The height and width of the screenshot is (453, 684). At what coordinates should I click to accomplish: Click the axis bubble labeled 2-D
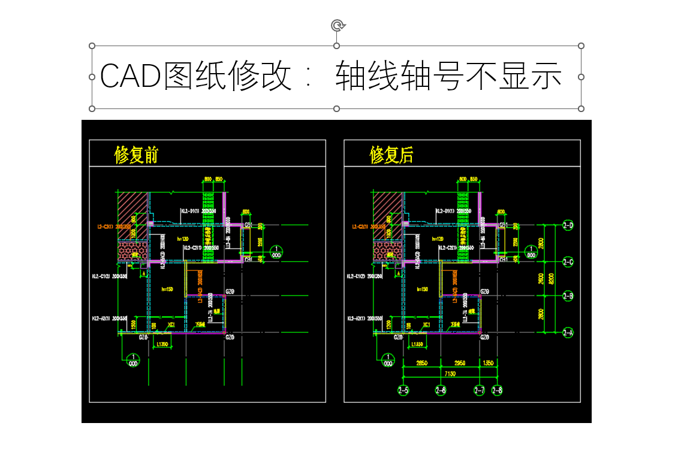(568, 226)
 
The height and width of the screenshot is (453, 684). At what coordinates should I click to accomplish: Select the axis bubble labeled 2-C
(568, 262)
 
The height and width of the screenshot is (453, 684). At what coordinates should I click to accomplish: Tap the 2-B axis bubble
(568, 296)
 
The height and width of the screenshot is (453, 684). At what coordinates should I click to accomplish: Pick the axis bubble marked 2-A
(568, 332)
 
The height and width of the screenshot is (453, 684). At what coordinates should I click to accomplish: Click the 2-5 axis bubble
(403, 391)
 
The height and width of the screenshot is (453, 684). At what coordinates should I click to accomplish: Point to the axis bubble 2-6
(441, 391)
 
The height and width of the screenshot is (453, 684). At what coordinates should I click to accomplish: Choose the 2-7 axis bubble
(480, 391)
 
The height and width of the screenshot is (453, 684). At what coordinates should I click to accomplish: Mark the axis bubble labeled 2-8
(497, 391)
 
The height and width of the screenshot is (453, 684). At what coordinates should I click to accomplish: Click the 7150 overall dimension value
(450, 373)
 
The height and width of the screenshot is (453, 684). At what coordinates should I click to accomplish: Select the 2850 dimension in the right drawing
(422, 363)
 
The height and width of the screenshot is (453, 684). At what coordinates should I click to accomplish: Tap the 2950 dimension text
(460, 363)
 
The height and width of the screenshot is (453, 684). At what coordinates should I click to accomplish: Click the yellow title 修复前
(136, 155)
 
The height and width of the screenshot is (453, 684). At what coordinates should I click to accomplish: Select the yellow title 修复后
(391, 155)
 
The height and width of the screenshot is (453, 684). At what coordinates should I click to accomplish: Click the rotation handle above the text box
(337, 25)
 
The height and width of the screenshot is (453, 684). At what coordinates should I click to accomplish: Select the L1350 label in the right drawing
(419, 345)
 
